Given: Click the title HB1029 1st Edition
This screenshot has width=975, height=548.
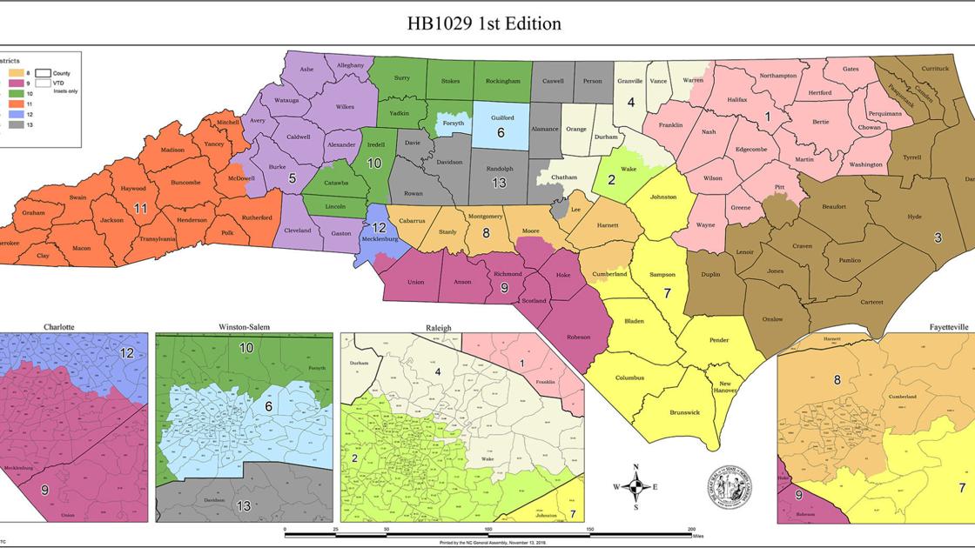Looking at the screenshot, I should tap(484, 23).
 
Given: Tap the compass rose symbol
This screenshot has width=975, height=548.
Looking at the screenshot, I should tap(635, 487).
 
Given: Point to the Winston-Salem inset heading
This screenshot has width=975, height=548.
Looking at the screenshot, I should tap(244, 327).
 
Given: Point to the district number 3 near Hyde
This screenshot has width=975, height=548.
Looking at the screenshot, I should tap(938, 237).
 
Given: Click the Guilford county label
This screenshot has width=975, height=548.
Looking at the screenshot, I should tap(502, 117).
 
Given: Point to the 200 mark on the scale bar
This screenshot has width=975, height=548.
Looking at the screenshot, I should tap(691, 528).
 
